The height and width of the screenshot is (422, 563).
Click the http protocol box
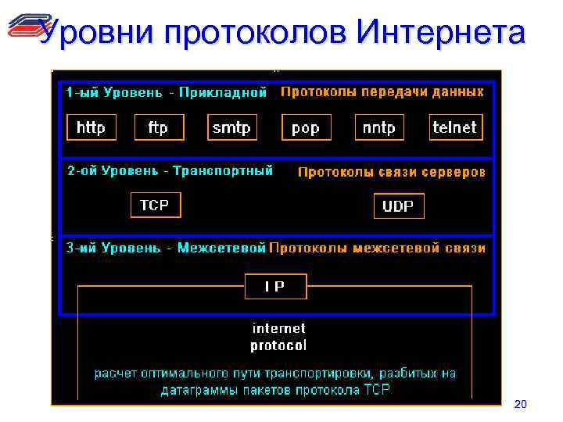click(x=91, y=127)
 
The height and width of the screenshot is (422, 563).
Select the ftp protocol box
click(x=158, y=127)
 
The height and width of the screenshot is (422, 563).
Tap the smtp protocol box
click(x=231, y=127)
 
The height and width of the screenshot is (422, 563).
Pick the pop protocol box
click(x=305, y=127)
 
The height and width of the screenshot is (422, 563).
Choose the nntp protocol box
click(x=378, y=127)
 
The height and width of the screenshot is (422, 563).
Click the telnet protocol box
click(x=454, y=127)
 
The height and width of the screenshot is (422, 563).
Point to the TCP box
click(x=154, y=205)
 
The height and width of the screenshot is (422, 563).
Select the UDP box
click(x=399, y=206)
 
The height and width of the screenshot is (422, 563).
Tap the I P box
click(x=275, y=286)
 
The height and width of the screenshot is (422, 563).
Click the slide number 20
click(x=521, y=404)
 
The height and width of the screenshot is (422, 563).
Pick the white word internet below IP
click(x=278, y=328)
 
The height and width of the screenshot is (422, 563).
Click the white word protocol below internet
click(x=278, y=345)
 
